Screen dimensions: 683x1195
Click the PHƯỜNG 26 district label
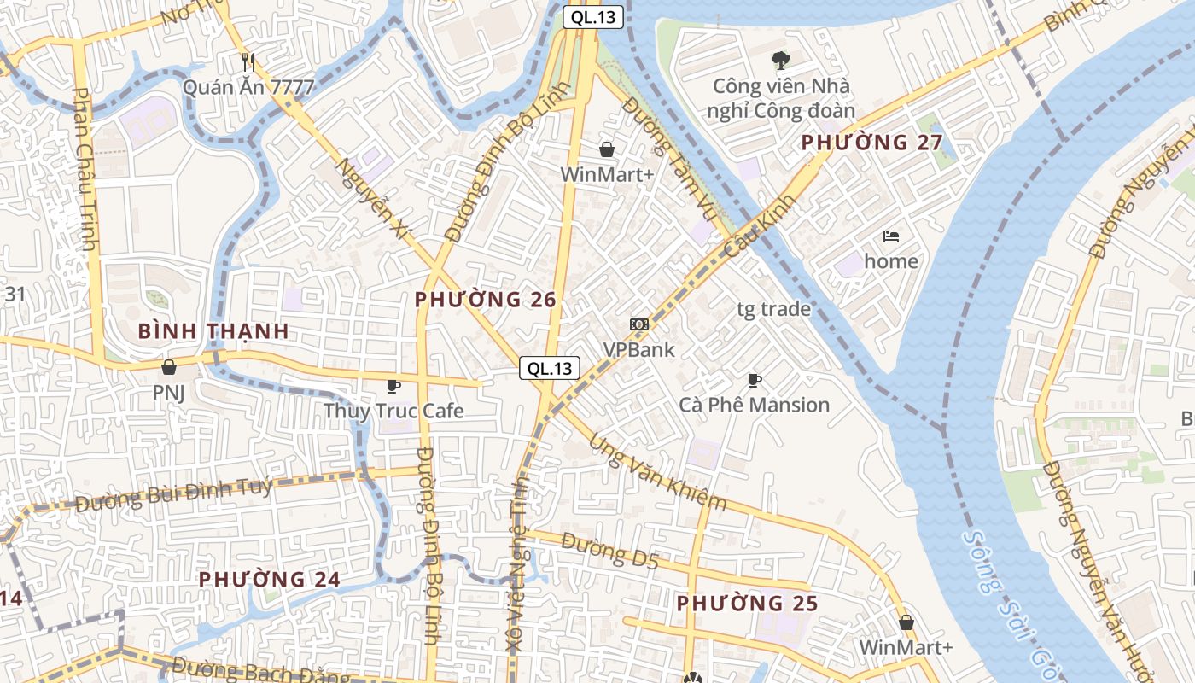coord(485,300)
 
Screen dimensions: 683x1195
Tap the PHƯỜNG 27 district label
coord(871,143)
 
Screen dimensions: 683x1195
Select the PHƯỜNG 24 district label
coord(270,579)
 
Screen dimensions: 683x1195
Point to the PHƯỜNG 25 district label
coord(747,604)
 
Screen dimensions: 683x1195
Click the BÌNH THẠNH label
coord(213,331)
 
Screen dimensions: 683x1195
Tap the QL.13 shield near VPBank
coord(550,368)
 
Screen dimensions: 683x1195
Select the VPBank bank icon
coord(638,324)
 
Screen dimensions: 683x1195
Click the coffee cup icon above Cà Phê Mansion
coord(754,380)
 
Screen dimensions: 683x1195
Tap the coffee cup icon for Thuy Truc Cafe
coord(393,386)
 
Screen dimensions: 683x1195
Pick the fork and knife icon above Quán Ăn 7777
coord(248,61)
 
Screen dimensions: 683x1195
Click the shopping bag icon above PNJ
coord(168,367)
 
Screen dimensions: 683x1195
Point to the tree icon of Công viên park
coord(780,60)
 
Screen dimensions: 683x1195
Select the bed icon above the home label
coord(891,236)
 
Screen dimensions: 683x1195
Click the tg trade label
coord(773,309)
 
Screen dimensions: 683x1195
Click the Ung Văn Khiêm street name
coord(657,473)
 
